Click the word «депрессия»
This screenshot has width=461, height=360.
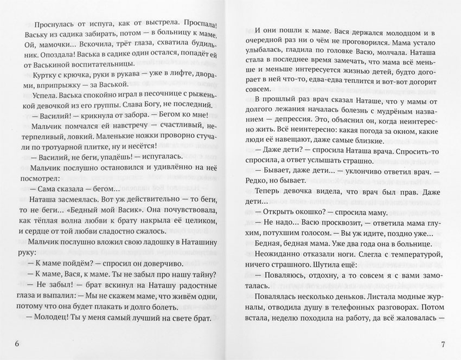(x=299, y=121)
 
